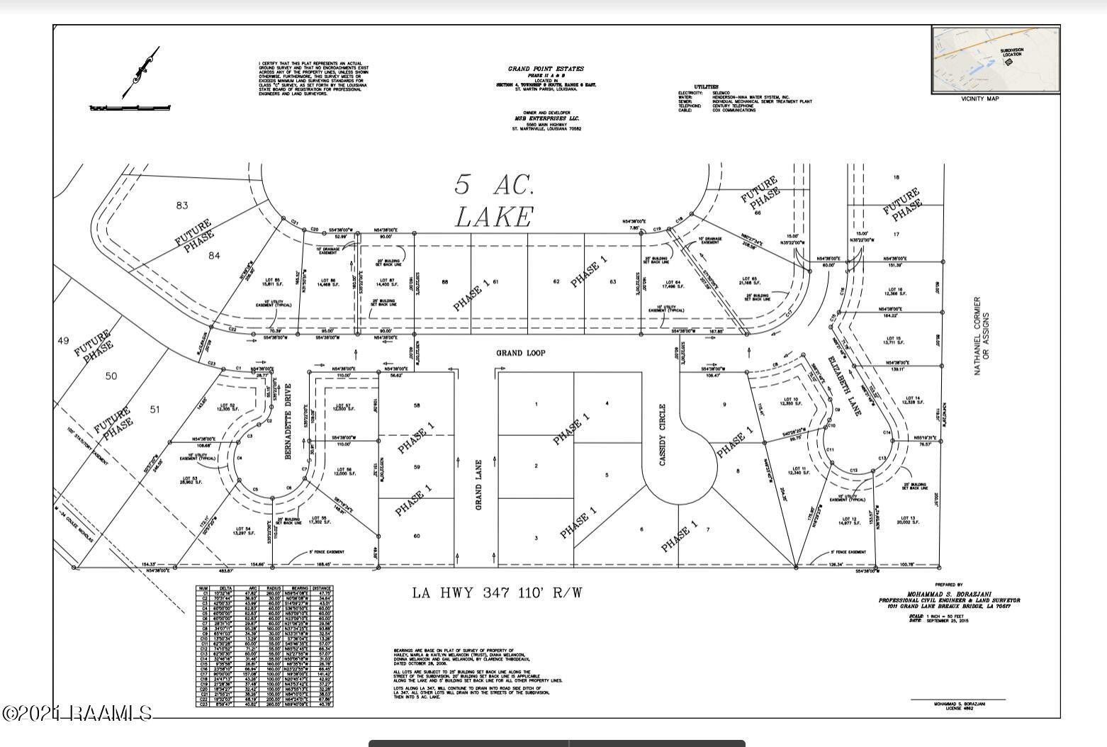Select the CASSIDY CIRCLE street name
663,434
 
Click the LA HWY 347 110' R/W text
498,592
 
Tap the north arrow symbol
142,72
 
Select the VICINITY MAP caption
979,99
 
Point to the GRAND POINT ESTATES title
546,69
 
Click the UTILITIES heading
706,86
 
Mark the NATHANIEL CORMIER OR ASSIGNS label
982,336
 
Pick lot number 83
182,206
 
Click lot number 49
62,341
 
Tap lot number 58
417,405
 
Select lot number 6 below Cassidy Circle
641,529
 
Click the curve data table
265,646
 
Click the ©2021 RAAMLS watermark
77,712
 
